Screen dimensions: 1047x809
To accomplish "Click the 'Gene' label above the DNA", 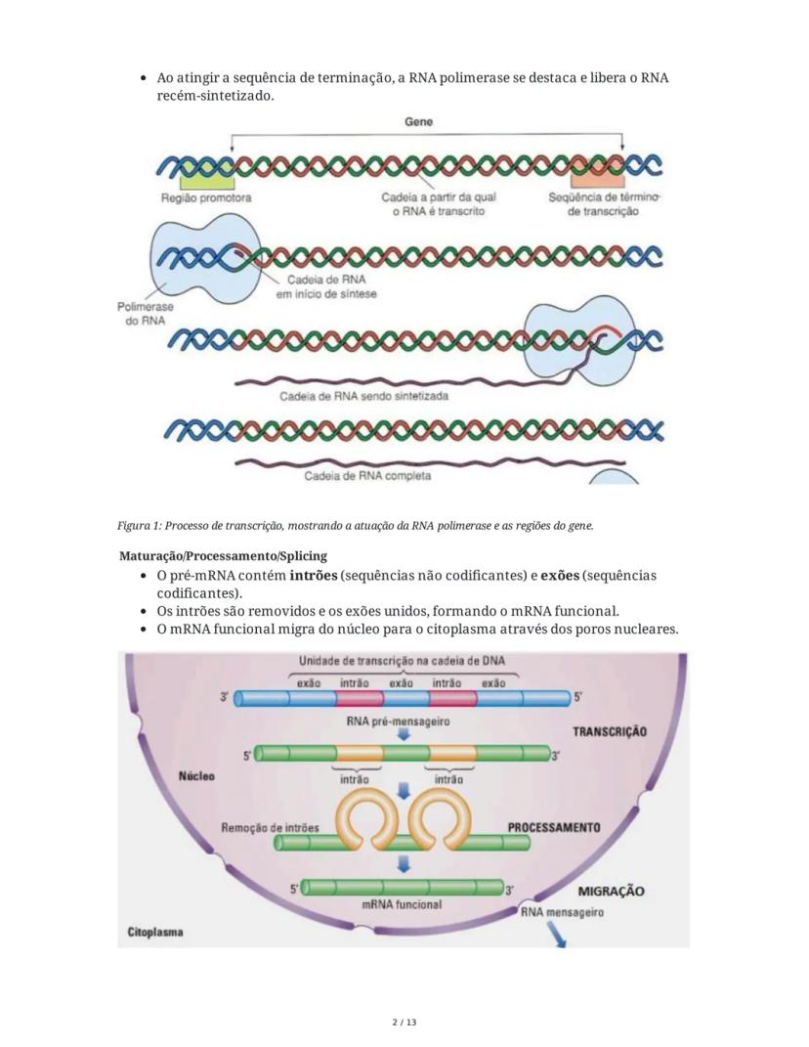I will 418,122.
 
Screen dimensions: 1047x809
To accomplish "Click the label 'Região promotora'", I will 206,197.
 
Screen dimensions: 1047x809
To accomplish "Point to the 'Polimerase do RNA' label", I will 145,313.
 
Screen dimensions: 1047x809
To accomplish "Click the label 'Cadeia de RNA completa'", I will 367,476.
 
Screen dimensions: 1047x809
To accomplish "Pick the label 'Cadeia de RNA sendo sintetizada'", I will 364,396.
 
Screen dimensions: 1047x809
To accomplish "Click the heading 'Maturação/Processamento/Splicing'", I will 223,556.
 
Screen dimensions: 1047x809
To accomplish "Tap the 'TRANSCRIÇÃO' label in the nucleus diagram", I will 610,730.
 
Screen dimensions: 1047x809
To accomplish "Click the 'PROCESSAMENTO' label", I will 554,827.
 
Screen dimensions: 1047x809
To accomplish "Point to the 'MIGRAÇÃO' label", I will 611,891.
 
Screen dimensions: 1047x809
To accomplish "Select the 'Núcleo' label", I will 196,776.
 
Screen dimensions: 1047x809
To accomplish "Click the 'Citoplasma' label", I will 155,933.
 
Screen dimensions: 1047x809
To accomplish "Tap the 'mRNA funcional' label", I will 401,904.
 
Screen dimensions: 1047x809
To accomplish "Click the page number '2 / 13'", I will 404,1023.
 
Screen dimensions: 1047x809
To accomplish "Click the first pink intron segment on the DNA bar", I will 358,698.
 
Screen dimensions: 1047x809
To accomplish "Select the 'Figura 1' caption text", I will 356,526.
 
